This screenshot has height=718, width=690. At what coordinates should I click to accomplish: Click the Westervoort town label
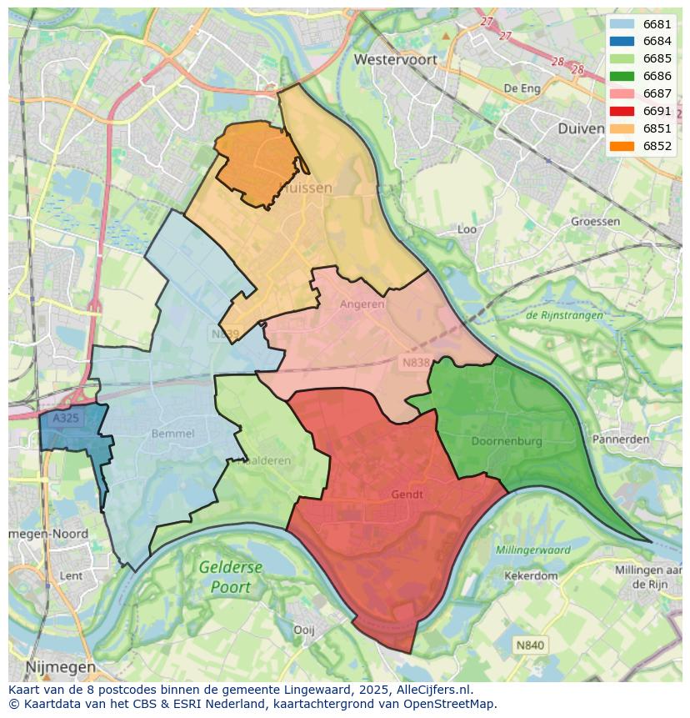tap(395, 59)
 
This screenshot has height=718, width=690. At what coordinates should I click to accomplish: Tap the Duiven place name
tap(581, 128)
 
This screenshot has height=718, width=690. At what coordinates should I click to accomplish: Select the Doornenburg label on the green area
tap(506, 440)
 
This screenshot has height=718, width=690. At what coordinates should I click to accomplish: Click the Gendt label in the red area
tap(407, 495)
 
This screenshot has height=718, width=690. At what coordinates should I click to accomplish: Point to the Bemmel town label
tap(173, 434)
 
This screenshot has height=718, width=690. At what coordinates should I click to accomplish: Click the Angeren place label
tap(362, 304)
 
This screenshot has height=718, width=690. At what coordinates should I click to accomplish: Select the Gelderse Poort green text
tap(231, 576)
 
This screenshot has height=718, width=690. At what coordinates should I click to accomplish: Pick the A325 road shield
tap(65, 419)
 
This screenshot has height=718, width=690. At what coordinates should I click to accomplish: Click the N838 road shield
tap(416, 363)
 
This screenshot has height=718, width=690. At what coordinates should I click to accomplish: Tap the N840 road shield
tap(529, 645)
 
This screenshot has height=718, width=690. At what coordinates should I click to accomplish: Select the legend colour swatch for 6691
tap(621, 111)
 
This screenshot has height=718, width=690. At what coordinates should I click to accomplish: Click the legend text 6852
tap(657, 146)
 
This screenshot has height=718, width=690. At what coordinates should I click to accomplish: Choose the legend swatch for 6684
tap(621, 42)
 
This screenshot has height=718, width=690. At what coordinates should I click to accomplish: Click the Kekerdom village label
tap(531, 575)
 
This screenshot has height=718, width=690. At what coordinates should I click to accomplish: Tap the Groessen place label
tap(595, 221)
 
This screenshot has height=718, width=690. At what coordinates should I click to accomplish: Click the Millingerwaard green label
tap(532, 550)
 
